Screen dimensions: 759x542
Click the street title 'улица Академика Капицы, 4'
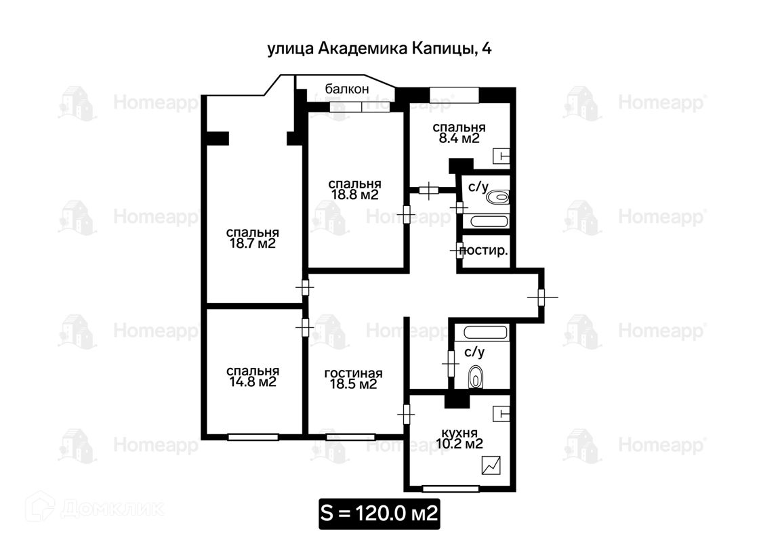point(379,49)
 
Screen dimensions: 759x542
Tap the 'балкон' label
point(346,89)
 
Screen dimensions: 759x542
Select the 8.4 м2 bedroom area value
point(458,139)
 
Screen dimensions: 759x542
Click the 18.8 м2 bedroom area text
point(354,195)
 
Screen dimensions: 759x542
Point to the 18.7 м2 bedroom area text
point(252,243)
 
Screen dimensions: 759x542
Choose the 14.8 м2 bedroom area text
point(252,382)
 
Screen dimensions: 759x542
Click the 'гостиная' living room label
point(353,373)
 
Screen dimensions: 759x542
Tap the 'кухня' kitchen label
point(459,433)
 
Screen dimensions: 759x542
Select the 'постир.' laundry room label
point(484,251)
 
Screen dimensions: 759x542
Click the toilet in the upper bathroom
point(497,197)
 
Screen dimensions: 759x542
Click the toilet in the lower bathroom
point(476,377)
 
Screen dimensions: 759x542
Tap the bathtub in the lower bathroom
point(485,333)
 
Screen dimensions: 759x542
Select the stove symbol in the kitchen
point(491,465)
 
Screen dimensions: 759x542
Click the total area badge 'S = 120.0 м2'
point(379,514)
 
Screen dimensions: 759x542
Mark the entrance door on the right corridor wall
point(541,297)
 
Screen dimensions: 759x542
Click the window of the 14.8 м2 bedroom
point(253,437)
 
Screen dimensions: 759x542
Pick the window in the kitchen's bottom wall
point(451,488)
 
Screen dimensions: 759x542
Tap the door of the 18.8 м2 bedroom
point(407,213)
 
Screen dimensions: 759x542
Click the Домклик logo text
point(112,509)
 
